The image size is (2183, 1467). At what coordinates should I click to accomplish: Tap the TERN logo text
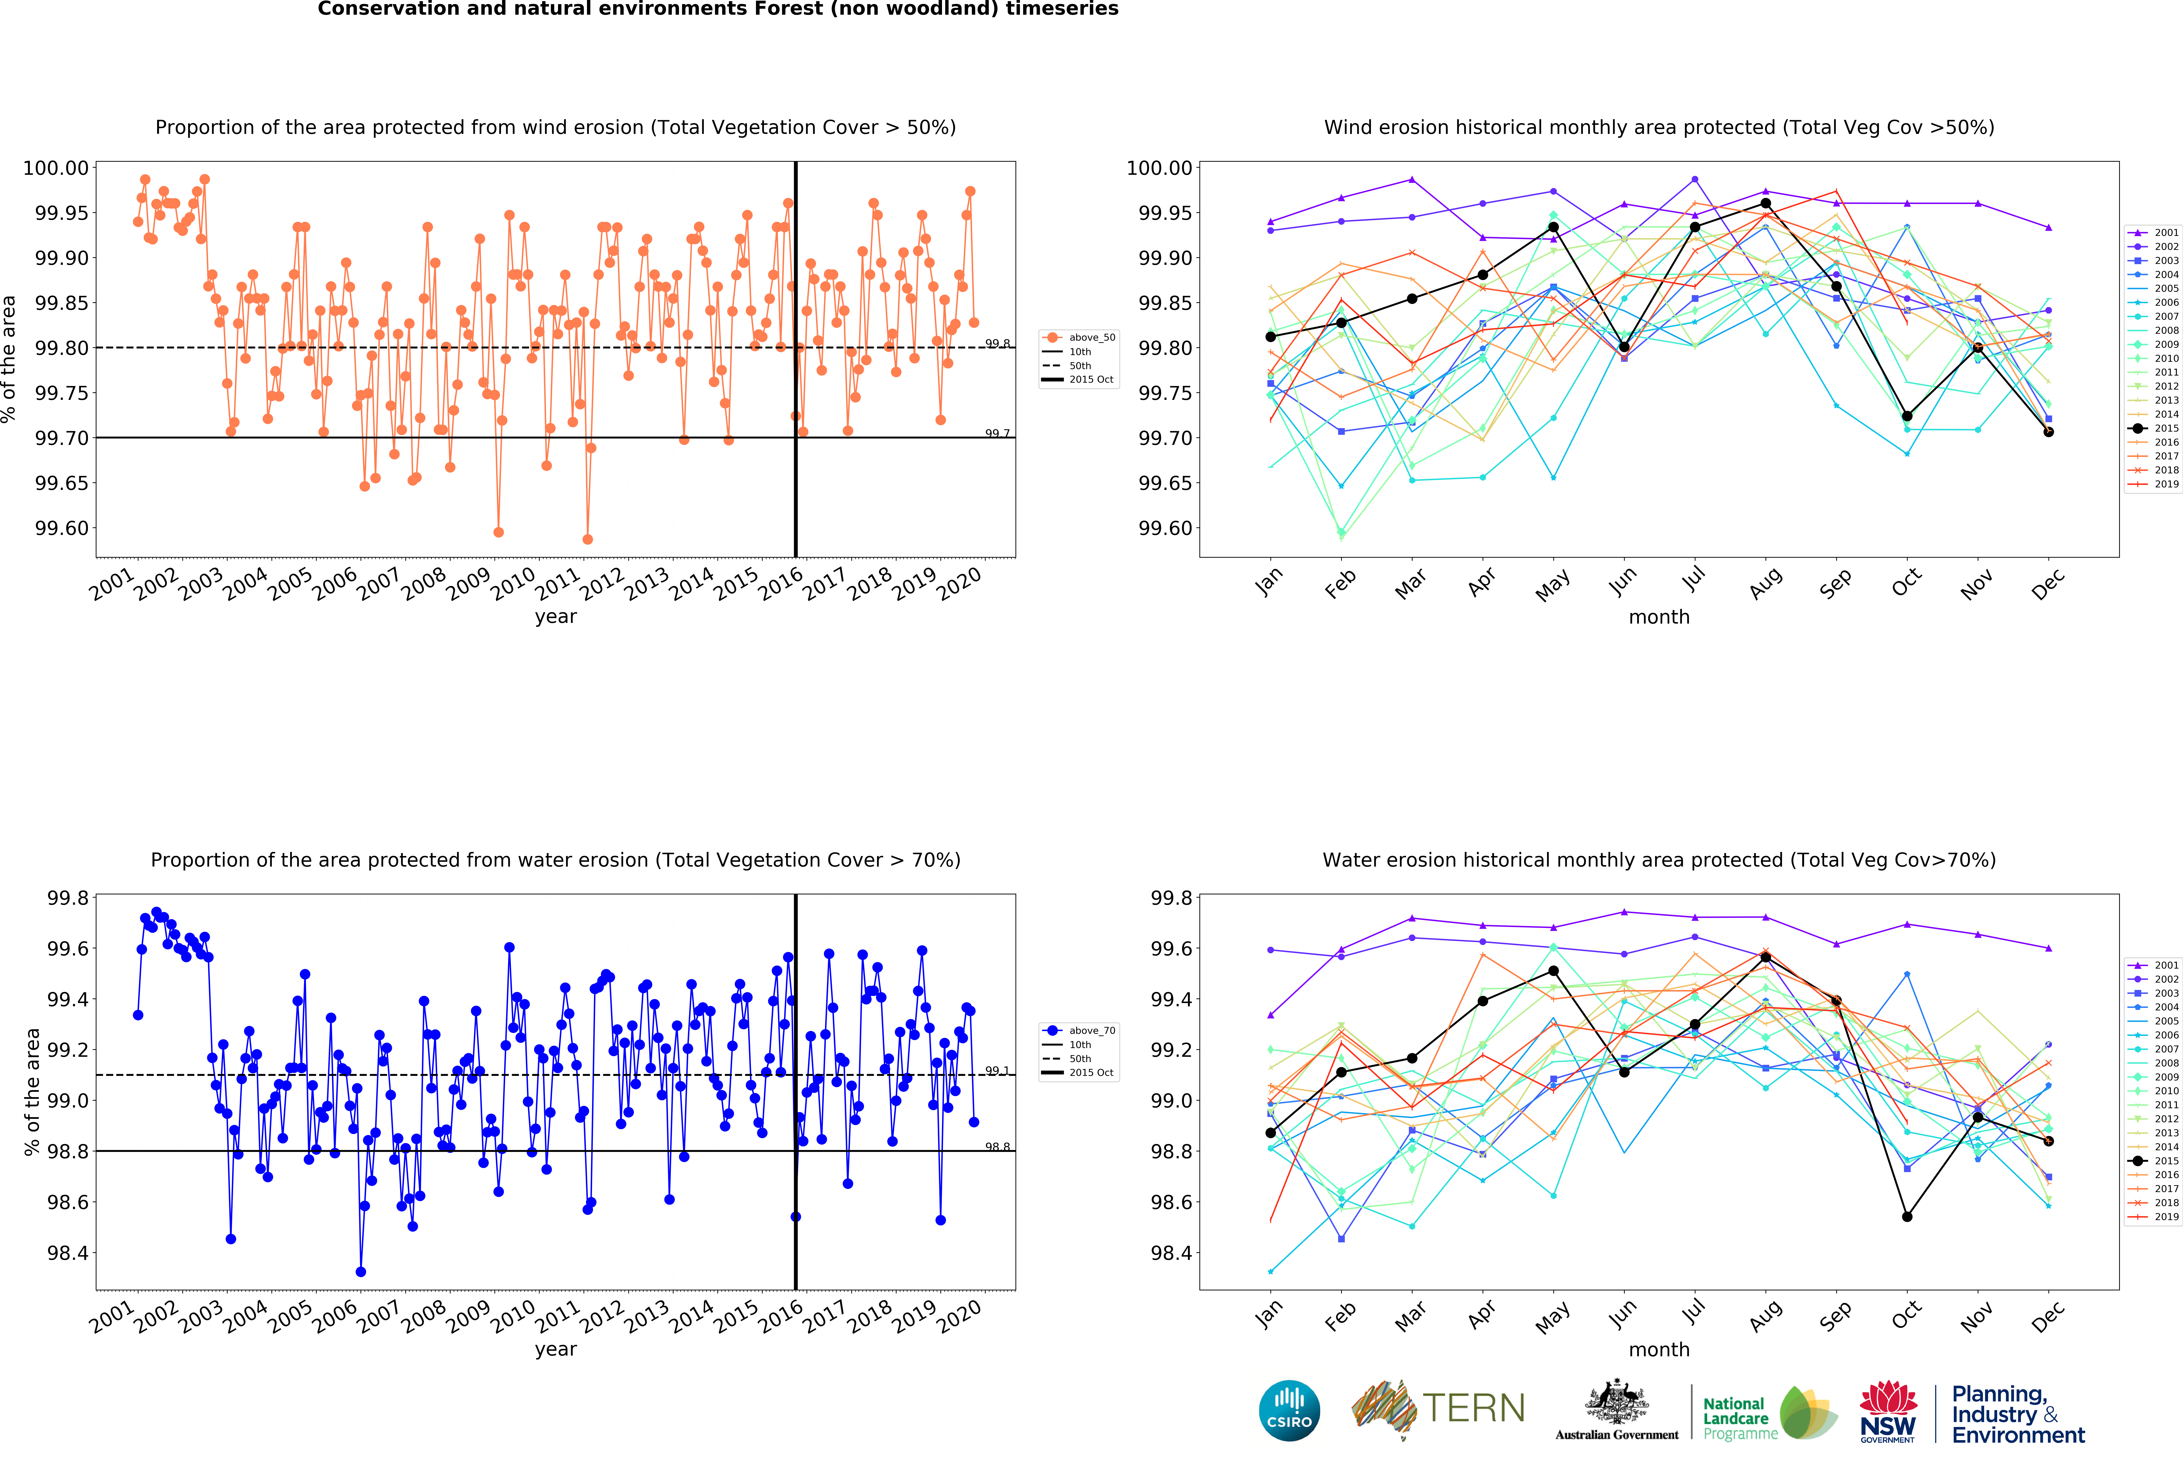pyautogui.click(x=1473, y=1408)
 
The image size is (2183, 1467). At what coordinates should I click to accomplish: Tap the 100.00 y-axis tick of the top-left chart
pyautogui.click(x=56, y=168)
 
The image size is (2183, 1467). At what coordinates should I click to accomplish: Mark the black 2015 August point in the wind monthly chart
pyautogui.click(x=1765, y=203)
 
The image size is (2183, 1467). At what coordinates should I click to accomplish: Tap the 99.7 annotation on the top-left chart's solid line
pyautogui.click(x=997, y=433)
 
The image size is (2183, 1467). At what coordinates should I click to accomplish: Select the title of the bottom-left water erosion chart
pyautogui.click(x=556, y=860)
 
